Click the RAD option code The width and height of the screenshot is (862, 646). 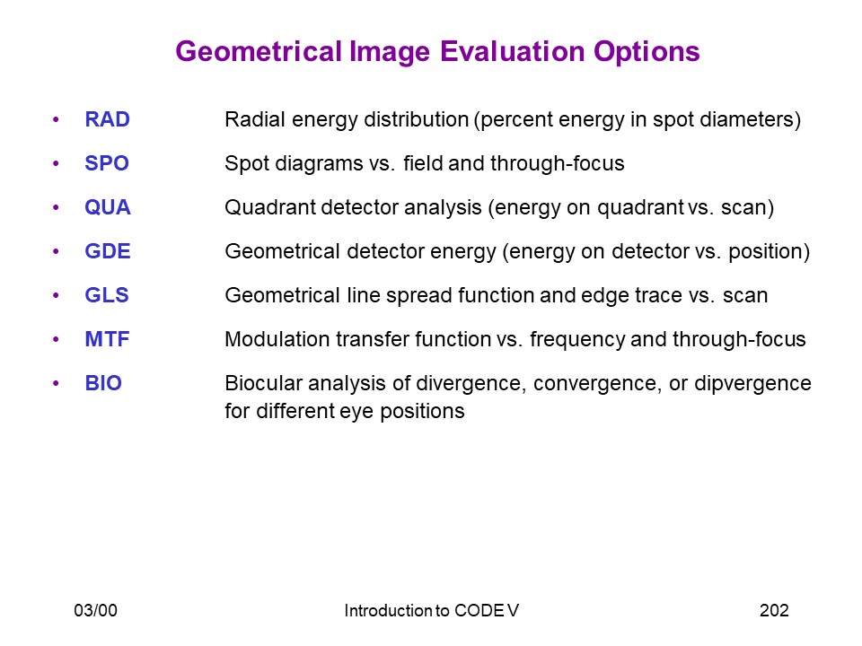[107, 119]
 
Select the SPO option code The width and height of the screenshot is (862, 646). [107, 163]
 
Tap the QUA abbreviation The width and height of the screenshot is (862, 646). [108, 207]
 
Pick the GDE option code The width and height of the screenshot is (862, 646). [108, 251]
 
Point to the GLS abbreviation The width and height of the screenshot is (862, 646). [107, 295]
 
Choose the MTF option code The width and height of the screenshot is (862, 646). [107, 339]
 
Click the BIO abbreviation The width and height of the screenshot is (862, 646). [103, 383]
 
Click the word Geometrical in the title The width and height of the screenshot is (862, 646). [259, 52]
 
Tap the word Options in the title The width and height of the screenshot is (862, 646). [646, 52]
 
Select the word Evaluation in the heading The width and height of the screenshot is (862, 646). [512, 51]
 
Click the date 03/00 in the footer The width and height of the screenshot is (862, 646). [96, 610]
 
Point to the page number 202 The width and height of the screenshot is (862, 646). [774, 610]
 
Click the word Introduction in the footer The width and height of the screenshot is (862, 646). [389, 610]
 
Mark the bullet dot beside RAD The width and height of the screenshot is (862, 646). [56, 119]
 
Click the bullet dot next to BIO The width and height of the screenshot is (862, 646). [56, 383]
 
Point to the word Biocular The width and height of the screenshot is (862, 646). [263, 383]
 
